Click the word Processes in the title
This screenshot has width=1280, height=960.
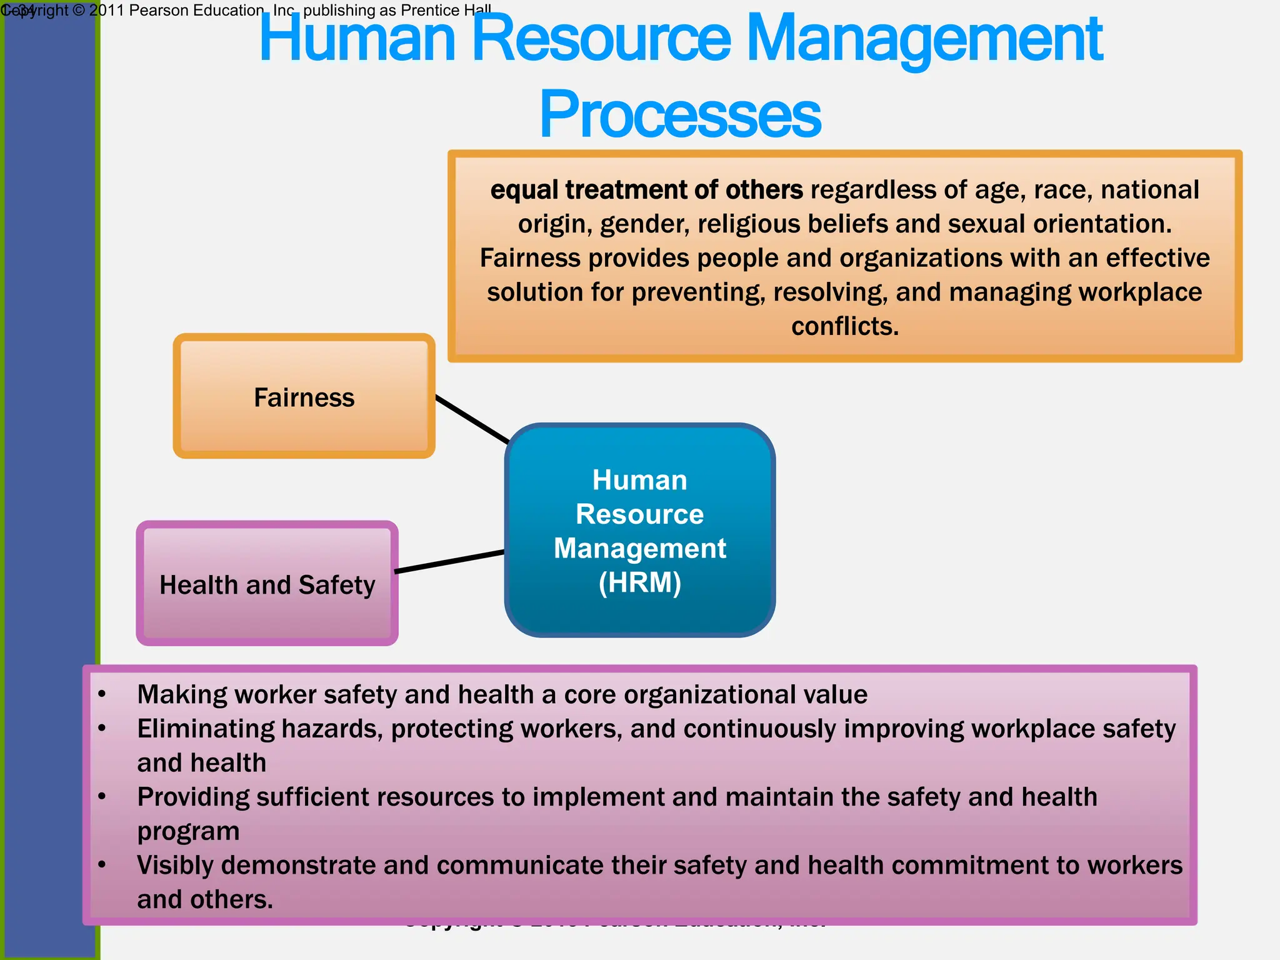(680, 114)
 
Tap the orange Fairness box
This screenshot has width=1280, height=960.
(304, 396)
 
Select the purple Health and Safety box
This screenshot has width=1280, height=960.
(267, 584)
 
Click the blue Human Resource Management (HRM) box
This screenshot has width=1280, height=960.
(639, 530)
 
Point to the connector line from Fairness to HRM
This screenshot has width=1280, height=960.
(472, 419)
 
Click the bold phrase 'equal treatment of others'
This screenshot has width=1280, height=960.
(646, 190)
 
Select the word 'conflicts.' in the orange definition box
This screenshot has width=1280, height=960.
(845, 326)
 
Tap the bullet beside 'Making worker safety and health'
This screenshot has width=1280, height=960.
(102, 694)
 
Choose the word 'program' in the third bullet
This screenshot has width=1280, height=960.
(188, 831)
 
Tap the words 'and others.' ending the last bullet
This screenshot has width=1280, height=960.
(205, 899)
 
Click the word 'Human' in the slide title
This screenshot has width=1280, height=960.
(357, 39)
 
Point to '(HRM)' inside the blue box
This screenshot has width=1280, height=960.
(639, 582)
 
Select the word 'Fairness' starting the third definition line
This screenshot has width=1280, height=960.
(530, 258)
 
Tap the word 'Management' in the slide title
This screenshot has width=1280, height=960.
(924, 39)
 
